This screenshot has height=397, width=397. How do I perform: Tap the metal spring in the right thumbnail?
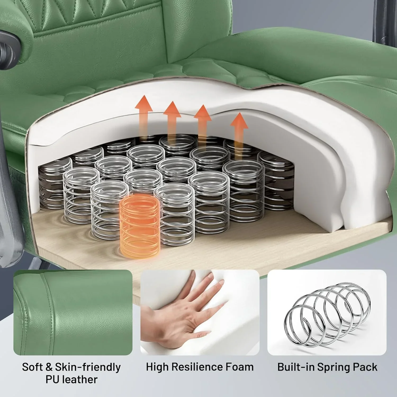click(327, 312)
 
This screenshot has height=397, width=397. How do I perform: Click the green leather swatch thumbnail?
click(73, 312)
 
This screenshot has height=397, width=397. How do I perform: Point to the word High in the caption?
click(157, 367)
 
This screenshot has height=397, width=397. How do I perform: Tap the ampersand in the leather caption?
click(49, 367)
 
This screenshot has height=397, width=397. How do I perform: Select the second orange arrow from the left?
click(172, 120)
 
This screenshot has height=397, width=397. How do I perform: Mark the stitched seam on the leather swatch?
click(50, 304)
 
